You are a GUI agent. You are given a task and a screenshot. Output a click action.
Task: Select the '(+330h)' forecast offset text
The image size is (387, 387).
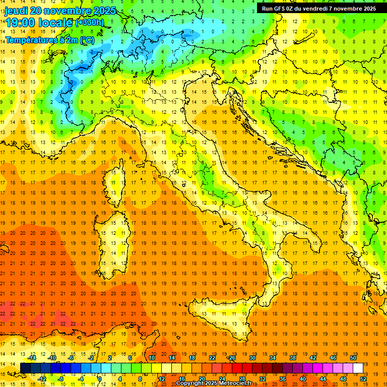pos(90,23)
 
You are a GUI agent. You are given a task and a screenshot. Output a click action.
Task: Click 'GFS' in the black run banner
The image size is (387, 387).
pos(283,9)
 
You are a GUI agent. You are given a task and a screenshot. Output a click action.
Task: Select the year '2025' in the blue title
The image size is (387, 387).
pos(104,11)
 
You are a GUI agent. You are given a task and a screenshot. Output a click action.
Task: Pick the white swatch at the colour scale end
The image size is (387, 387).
pos(358,368)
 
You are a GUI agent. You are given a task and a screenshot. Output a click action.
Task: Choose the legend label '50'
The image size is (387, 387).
pos(353,357)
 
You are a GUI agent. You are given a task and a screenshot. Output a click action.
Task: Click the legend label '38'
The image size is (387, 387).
pos(293,357)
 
